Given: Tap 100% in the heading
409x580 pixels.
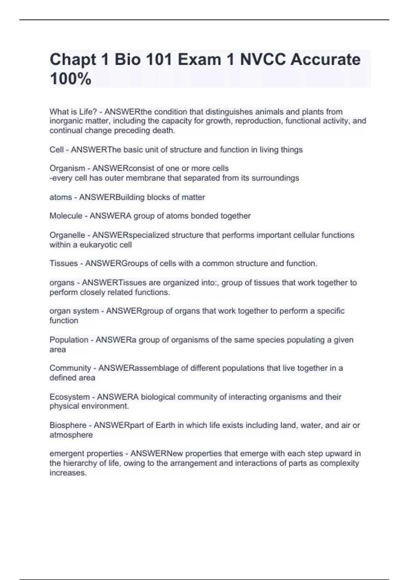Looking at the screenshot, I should coord(71,79).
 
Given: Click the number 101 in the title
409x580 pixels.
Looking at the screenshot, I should coord(160,59).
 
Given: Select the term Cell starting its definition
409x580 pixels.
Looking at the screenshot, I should coord(57,150).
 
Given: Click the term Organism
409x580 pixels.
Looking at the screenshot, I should coord(67,169).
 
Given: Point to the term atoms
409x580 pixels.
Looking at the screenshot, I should coord(61,197).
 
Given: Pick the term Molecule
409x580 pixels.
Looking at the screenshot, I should coord(66,216).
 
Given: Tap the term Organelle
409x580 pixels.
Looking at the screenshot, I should coord(67,235).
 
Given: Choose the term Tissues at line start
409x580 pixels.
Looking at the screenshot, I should coord(64,263).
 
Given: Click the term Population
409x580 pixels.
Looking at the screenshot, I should coord(69,340).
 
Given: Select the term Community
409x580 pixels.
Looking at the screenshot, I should coord(70,368).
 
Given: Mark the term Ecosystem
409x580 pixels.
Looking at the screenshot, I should coord(70,397).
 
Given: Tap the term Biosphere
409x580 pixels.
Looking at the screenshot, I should coord(68,425).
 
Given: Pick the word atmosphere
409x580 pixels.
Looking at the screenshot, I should coord(71,435).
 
